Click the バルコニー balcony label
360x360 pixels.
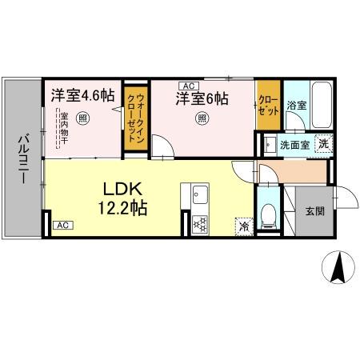coord(22,157)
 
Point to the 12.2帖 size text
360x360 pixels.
coord(122,210)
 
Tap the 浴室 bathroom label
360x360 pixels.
coord(298,105)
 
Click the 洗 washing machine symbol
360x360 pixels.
coord(322,145)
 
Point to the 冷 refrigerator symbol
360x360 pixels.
coord(242,226)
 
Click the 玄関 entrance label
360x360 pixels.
coord(314,212)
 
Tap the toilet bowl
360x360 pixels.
coord(269,214)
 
